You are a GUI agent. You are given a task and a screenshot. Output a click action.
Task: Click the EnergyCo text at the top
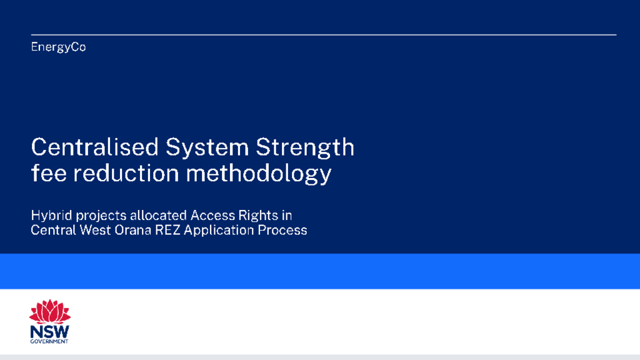click(58, 47)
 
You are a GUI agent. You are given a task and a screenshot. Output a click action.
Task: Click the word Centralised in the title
click(95, 147)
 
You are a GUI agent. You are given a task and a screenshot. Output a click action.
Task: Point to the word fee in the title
click(49, 173)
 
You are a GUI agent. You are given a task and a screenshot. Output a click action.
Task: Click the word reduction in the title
click(126, 173)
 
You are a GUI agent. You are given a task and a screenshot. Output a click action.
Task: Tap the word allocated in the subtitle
click(158, 215)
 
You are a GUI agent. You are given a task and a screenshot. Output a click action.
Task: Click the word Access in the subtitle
click(212, 215)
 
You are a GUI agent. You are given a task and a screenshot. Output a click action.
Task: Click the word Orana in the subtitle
click(133, 230)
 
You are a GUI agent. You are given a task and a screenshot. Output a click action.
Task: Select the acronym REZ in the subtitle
click(167, 230)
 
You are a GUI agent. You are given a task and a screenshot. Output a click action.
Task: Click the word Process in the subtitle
click(282, 230)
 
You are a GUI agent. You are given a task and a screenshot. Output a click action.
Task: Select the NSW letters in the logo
click(50, 332)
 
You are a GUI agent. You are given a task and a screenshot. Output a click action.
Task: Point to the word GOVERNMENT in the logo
click(49, 342)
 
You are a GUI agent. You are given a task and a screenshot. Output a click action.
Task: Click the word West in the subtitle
click(96, 230)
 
